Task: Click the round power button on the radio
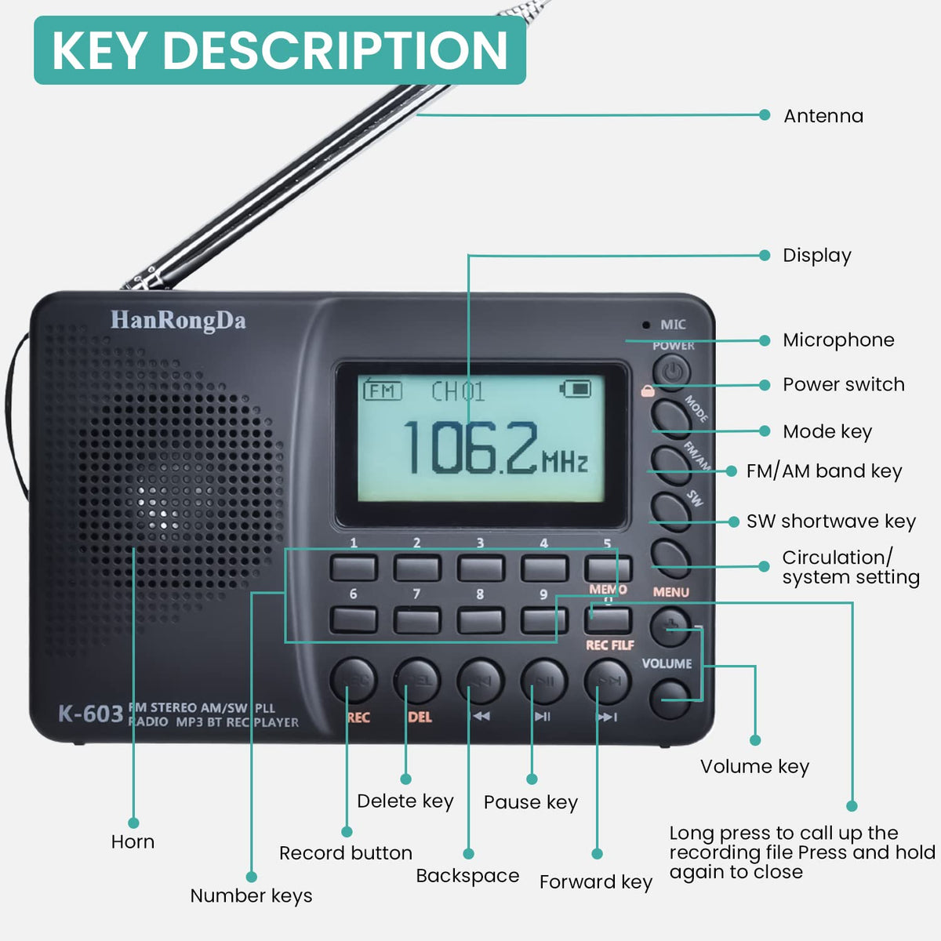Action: pyautogui.click(x=671, y=371)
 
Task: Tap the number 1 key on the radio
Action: pyautogui.click(x=354, y=568)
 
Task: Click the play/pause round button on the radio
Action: pyautogui.click(x=543, y=681)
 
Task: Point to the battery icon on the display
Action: pyautogui.click(x=576, y=388)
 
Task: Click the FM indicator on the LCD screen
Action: pyautogui.click(x=383, y=390)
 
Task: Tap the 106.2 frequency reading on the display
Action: pyautogui.click(x=470, y=449)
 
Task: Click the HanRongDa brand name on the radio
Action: pyautogui.click(x=178, y=321)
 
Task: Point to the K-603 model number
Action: pyautogui.click(x=90, y=714)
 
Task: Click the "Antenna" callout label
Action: pyautogui.click(x=823, y=116)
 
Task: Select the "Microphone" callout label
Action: pyautogui.click(x=838, y=340)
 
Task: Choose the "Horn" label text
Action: pyautogui.click(x=133, y=841)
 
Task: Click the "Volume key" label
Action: pyautogui.click(x=754, y=766)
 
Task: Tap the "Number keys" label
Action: pyautogui.click(x=251, y=896)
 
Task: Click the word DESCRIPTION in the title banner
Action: pyautogui.click(x=336, y=50)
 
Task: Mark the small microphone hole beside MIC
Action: pyautogui.click(x=646, y=325)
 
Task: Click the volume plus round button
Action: pyautogui.click(x=670, y=626)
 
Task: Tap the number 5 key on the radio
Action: pyautogui.click(x=607, y=568)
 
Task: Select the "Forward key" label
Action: pyautogui.click(x=596, y=881)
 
